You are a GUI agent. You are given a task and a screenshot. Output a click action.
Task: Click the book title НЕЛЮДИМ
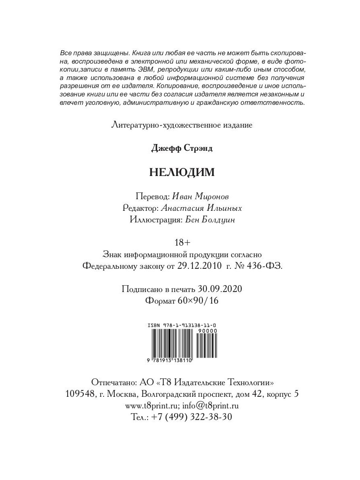182,172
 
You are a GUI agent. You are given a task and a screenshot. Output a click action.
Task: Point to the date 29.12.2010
198,267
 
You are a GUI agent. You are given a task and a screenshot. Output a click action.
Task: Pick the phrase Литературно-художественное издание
182,125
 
